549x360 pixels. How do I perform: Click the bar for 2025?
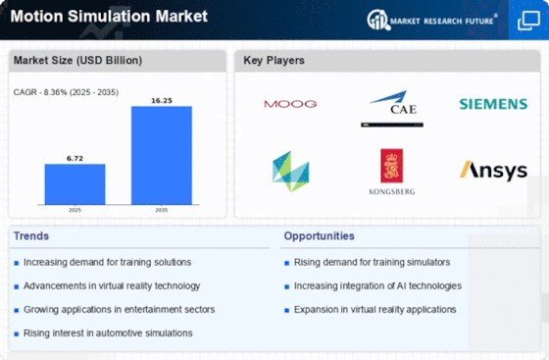coord(75,184)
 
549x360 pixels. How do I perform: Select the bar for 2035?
coord(162,155)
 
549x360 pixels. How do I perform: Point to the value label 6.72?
coord(75,158)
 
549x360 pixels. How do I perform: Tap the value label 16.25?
coord(162,100)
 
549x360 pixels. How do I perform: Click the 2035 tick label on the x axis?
coord(162,210)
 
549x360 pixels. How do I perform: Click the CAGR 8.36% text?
coord(66,92)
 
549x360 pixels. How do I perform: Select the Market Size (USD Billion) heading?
coord(77,60)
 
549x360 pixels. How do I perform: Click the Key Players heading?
coord(274,60)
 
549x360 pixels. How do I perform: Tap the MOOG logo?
coord(290,104)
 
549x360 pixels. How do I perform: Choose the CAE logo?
coord(392,108)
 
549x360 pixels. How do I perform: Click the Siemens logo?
coord(493,104)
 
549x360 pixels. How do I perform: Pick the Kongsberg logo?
coord(392,172)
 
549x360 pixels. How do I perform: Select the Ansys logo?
coord(493,171)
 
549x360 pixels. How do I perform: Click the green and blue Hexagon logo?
coord(291,172)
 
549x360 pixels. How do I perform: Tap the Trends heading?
coord(31,236)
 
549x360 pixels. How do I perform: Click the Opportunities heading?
coord(319,236)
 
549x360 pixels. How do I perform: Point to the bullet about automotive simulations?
coord(108,334)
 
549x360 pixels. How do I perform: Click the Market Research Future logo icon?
coord(378,20)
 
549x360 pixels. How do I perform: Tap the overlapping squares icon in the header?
coord(528,21)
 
